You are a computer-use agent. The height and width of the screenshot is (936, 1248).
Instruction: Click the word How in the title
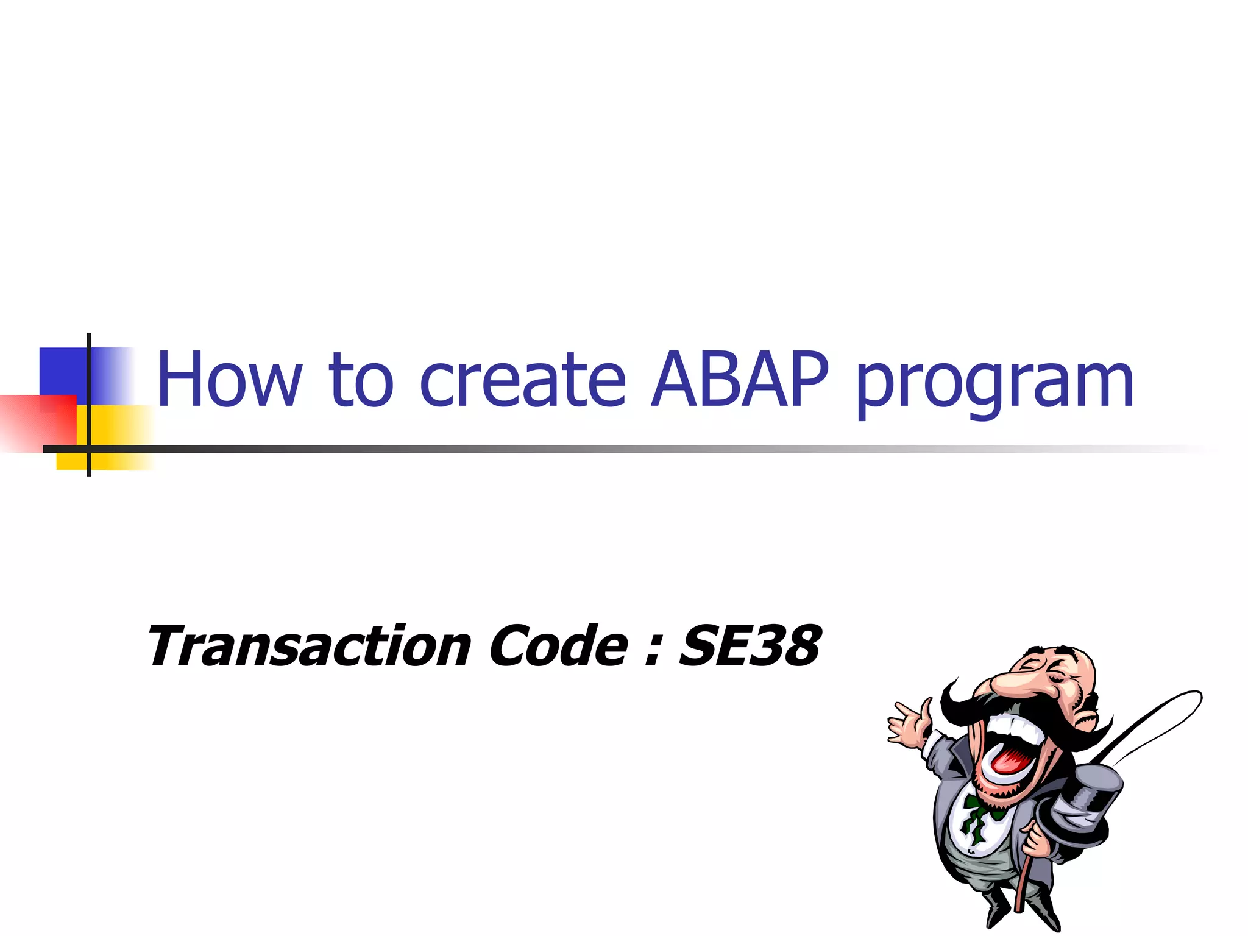(x=229, y=379)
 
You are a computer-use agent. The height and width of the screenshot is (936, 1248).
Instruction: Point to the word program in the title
(x=994, y=384)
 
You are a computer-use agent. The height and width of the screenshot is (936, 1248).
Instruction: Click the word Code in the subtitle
(x=558, y=646)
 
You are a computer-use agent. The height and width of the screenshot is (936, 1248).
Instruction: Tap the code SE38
(x=750, y=646)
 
